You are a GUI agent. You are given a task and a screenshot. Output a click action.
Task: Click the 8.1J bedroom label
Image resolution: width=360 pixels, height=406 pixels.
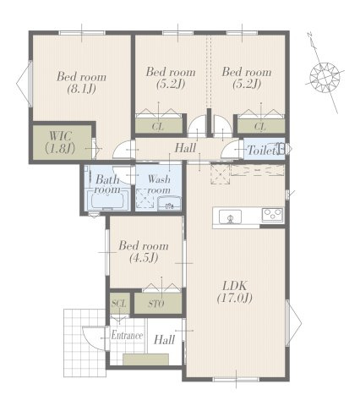(x=81, y=82)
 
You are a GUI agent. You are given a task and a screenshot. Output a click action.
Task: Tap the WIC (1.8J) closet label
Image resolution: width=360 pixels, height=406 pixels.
(x=60, y=142)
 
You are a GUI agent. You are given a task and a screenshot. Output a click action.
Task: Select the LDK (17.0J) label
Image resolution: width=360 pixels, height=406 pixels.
(x=235, y=292)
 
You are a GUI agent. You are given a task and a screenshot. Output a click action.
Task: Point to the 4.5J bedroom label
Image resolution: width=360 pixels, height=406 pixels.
(x=144, y=251)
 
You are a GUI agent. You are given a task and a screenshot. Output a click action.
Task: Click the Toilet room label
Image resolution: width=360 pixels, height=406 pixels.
(x=261, y=151)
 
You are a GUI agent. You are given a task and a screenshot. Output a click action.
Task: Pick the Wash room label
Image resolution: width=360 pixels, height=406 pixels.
(x=159, y=184)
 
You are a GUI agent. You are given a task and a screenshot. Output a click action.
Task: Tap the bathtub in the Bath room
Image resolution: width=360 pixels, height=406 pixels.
(x=106, y=201)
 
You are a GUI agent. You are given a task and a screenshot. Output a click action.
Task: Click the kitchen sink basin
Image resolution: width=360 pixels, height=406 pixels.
(x=230, y=217)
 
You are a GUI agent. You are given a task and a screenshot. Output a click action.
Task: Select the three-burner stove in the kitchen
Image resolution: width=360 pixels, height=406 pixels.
(x=272, y=215)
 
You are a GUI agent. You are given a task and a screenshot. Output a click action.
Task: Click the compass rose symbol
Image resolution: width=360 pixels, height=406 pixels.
(x=325, y=77)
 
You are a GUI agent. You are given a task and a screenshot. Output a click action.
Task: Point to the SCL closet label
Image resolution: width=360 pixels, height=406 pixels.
(x=118, y=304)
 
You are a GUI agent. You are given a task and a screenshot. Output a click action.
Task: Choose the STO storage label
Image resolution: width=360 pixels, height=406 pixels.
(x=156, y=304)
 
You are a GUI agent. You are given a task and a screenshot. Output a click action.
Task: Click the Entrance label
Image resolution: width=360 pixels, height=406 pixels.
(x=127, y=335)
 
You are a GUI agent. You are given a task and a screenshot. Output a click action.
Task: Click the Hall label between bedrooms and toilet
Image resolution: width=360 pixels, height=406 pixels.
(x=185, y=148)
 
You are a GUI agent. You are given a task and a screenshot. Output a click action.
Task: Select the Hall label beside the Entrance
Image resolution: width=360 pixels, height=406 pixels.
(x=164, y=339)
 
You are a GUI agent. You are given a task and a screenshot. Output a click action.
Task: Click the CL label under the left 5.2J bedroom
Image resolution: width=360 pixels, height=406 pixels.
(x=157, y=127)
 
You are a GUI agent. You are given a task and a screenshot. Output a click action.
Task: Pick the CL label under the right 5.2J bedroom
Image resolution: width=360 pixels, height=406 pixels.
(x=259, y=127)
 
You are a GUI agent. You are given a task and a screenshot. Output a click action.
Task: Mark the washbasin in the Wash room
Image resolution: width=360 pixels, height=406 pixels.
(x=169, y=204)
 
